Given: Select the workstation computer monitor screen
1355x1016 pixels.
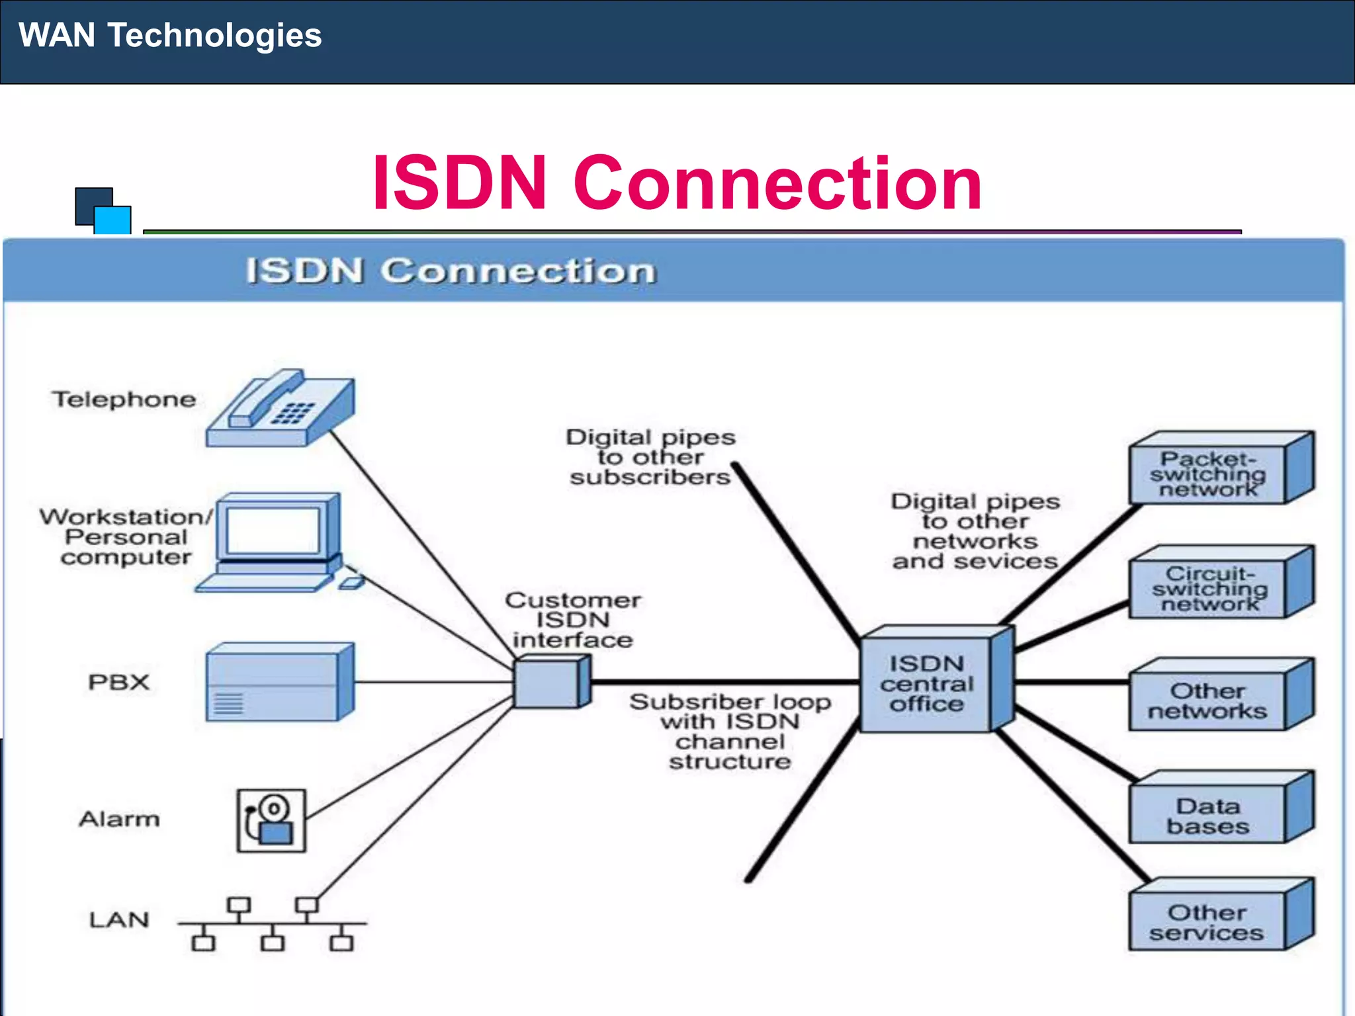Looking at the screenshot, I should click(273, 531).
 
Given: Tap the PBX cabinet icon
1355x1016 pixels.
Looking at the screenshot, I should click(279, 682).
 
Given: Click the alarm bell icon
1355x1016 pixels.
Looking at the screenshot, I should click(271, 820).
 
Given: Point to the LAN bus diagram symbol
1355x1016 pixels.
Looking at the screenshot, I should click(272, 923).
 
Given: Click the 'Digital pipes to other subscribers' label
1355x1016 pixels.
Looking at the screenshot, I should click(650, 457).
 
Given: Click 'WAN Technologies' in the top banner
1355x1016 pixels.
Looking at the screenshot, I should click(170, 35).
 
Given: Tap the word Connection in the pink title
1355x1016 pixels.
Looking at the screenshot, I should click(777, 183).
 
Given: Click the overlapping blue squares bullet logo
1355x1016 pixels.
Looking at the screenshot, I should click(103, 211).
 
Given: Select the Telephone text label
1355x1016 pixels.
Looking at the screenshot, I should click(124, 400).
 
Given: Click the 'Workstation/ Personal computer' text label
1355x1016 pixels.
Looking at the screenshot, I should click(126, 536).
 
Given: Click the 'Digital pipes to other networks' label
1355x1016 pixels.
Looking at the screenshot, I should click(975, 531).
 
